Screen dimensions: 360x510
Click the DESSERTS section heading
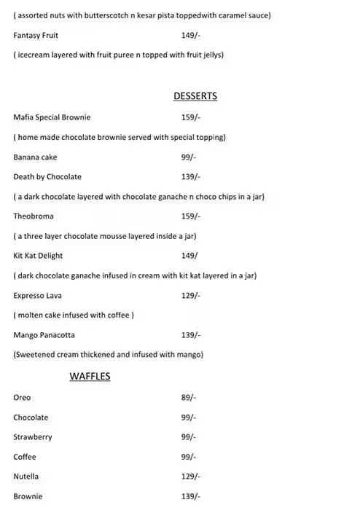tap(195, 96)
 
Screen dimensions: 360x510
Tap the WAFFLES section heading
tap(90, 377)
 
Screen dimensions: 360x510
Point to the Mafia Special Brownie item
tap(52, 117)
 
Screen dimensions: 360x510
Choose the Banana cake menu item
tap(35, 157)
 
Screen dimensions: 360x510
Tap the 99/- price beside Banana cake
tap(189, 157)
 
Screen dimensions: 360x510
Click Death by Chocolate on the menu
tap(47, 176)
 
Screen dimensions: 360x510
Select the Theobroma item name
tap(34, 216)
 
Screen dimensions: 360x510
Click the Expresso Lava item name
tap(36, 295)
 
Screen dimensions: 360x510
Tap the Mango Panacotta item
tap(44, 335)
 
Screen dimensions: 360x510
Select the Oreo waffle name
tap(22, 397)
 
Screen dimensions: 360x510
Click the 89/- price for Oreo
tap(189, 397)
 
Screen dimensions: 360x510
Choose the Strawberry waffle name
tap(33, 437)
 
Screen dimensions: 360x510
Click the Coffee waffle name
tap(25, 457)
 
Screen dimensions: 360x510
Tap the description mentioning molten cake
tap(74, 315)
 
